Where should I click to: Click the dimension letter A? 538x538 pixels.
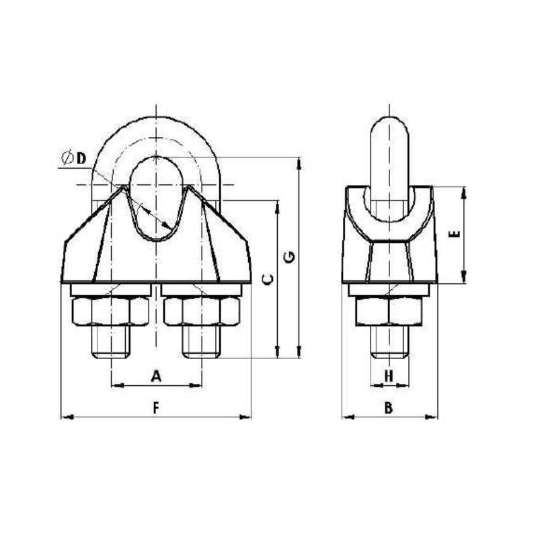[156, 376]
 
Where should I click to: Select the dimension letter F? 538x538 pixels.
[156, 408]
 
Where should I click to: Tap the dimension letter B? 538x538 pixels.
[389, 408]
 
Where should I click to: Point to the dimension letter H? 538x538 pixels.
[389, 377]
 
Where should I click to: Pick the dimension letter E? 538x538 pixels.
[456, 235]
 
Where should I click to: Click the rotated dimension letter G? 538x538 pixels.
[290, 258]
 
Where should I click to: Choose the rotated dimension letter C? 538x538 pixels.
[268, 280]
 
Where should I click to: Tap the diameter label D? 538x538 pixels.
[74, 158]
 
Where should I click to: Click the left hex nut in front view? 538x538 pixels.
[111, 311]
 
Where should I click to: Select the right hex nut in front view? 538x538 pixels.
[202, 311]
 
